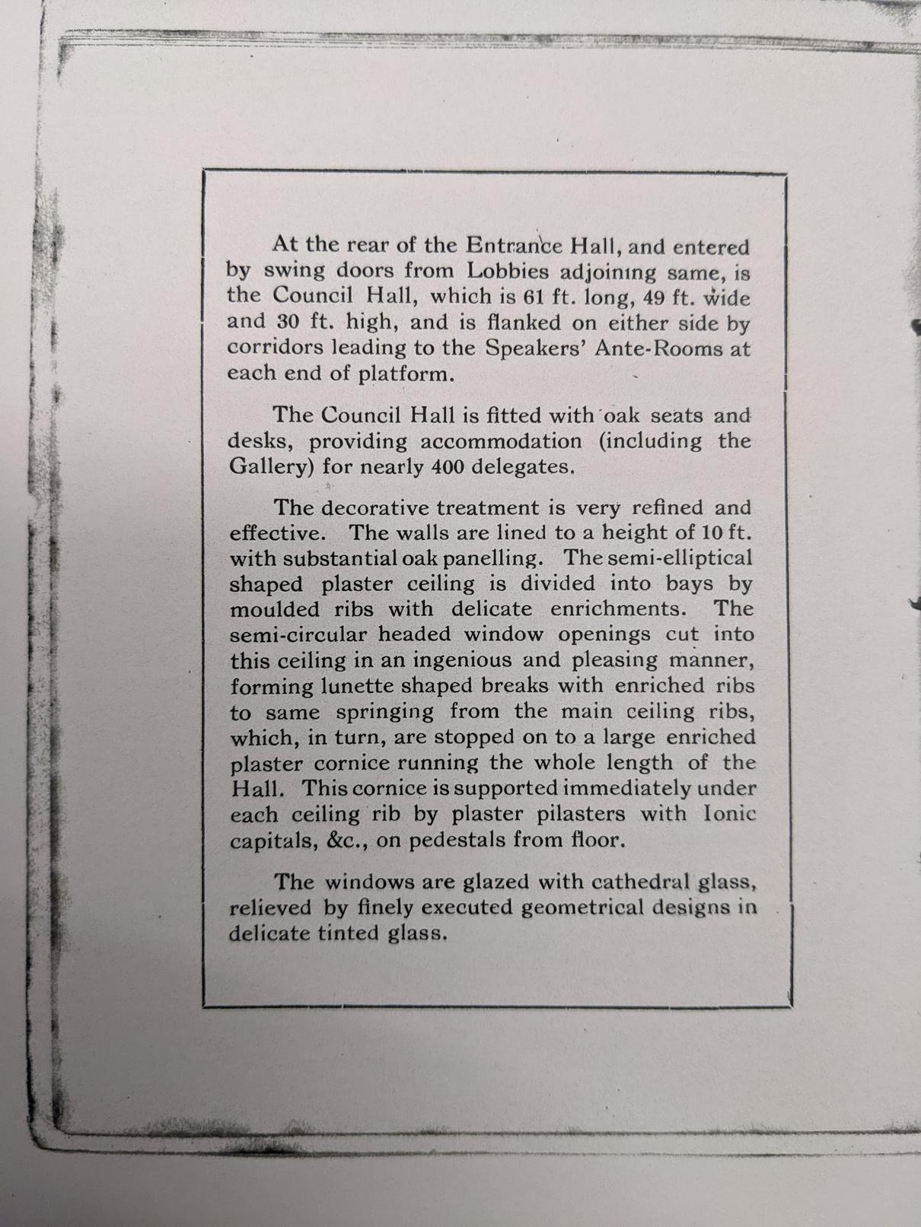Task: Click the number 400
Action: (446, 466)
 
